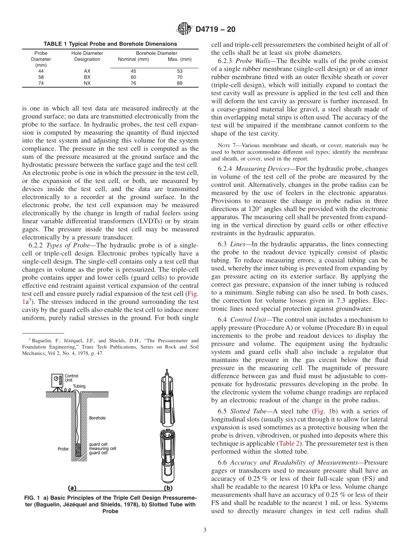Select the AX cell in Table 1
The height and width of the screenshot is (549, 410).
87,71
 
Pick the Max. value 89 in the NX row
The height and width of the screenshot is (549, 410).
180,83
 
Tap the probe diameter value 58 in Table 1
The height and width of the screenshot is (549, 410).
41,77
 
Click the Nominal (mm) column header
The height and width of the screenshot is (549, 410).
133,60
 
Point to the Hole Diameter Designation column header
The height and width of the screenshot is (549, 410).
87,57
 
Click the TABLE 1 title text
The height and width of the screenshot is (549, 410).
110,44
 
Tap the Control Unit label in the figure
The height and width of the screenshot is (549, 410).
71,378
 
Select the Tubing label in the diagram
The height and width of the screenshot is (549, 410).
79,386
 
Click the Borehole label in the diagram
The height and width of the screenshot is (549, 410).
97,418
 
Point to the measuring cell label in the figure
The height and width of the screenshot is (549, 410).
102,448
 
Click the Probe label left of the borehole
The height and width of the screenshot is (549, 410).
63,449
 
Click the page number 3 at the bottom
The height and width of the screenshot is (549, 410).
205,530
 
